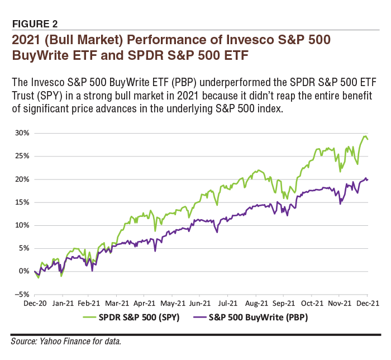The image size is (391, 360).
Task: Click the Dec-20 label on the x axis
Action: [x=35, y=304]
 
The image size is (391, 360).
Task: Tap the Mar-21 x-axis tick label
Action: [x=116, y=304]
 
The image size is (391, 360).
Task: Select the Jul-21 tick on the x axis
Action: [x=227, y=304]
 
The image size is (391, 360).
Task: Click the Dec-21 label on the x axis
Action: [x=367, y=304]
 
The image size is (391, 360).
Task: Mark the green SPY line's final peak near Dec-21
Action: [x=365, y=136]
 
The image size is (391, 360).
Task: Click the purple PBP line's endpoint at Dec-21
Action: [x=368, y=179]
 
